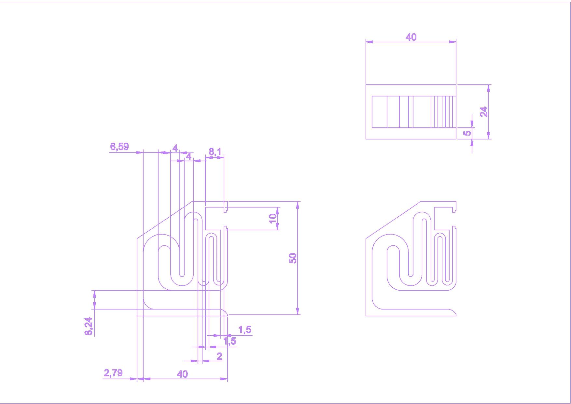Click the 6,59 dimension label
click(119, 147)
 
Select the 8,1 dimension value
click(215, 152)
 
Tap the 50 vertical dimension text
click(293, 258)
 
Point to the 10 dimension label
click(273, 218)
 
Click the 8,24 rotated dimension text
click(89, 326)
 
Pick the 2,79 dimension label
click(113, 373)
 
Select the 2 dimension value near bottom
click(219, 356)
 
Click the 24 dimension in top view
click(484, 112)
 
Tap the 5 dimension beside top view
click(467, 133)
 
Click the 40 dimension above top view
click(411, 37)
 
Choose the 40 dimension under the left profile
click(182, 374)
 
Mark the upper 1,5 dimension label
click(245, 330)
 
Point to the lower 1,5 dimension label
click(230, 341)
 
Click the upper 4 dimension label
click(175, 148)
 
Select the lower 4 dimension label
click(188, 156)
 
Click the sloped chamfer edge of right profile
click(393, 220)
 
